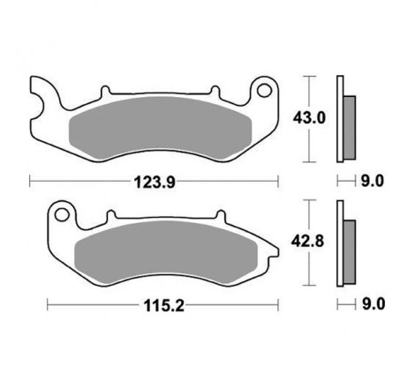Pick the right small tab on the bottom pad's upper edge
pyautogui.click(x=217, y=214)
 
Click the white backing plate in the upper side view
pyautogui.click(x=340, y=120)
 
